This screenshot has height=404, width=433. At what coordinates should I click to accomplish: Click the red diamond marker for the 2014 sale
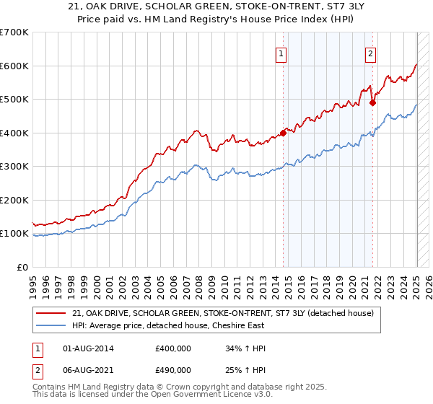284,133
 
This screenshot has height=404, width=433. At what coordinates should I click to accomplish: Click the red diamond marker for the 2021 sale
373,102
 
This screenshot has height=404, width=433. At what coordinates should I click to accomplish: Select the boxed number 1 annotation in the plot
280,53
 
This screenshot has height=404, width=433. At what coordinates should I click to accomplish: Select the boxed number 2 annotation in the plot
370,53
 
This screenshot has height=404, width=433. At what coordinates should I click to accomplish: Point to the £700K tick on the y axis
14,32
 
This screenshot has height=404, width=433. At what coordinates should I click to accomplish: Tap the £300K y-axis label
14,167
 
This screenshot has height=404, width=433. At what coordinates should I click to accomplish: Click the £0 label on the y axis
22,267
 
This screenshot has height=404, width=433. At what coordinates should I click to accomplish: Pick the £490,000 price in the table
173,370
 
